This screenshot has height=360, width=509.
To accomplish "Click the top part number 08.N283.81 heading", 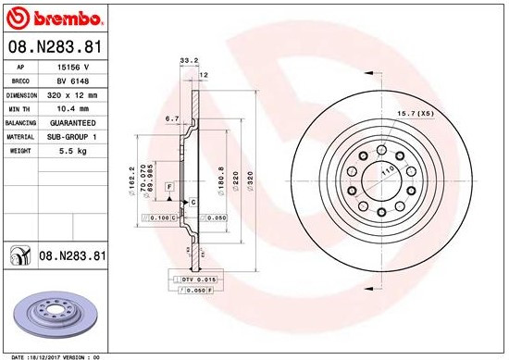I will point(54,45).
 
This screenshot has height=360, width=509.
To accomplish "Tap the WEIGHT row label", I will point(20,149).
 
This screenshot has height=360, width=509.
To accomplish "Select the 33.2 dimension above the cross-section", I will point(189,61).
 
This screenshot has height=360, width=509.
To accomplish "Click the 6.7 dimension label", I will point(171,118).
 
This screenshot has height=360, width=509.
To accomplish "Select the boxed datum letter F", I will point(169,187).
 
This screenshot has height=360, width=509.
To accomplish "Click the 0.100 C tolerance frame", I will point(157,217).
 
